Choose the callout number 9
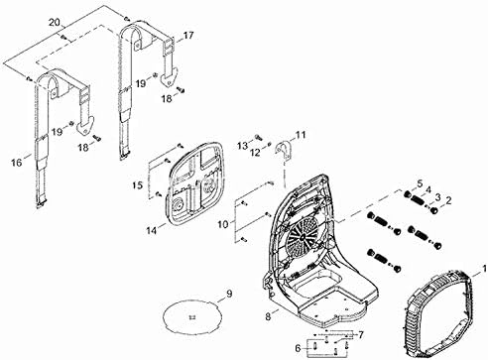(228, 294)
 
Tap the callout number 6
(297, 347)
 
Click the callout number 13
(241, 147)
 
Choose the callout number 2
(447, 201)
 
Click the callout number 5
(419, 182)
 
